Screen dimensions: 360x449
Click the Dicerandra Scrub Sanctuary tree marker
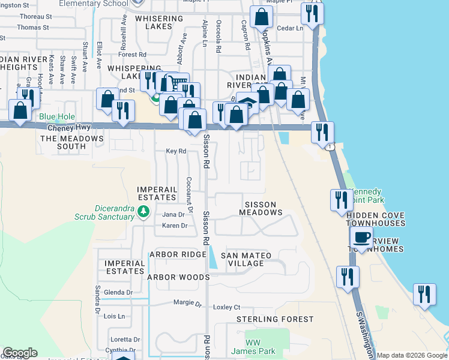tap(143, 211)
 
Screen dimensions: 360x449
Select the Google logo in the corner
tap(20, 353)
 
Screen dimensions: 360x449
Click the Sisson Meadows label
tap(261, 208)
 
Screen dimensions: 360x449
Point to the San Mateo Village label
tap(246, 260)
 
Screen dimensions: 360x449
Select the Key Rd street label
tap(175, 152)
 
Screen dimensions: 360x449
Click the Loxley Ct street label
tap(228, 307)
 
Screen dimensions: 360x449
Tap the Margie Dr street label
tap(185, 302)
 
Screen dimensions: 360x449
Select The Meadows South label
tap(71, 142)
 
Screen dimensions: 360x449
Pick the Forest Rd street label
tap(133, 54)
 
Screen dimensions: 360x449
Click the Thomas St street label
tap(33, 28)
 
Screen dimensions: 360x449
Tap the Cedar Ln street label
tap(290, 28)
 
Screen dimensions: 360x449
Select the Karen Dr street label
tap(175, 226)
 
